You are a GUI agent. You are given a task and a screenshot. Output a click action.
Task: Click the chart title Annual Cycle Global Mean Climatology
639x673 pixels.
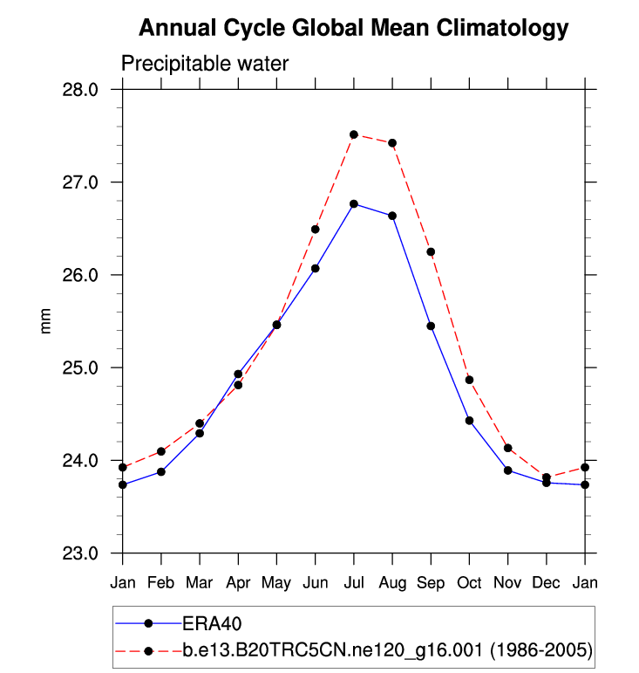tap(353, 29)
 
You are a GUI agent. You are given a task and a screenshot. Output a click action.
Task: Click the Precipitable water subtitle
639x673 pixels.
tap(204, 64)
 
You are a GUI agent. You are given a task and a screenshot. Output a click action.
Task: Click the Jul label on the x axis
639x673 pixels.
tap(353, 581)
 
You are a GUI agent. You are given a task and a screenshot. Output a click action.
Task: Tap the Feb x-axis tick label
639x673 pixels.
tap(161, 581)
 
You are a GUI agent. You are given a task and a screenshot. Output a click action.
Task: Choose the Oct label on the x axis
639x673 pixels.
tap(469, 581)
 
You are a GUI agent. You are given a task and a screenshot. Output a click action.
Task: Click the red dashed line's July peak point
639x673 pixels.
tap(354, 134)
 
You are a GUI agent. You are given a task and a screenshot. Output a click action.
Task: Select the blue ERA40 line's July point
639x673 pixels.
tap(354, 203)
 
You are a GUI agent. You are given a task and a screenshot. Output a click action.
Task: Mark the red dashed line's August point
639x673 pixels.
tap(392, 143)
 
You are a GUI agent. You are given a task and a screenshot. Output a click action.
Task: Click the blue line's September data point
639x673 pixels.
tap(431, 326)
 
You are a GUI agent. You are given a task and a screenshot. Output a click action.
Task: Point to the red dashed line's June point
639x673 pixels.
tap(316, 229)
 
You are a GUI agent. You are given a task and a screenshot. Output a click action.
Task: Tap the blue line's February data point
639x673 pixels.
tap(161, 471)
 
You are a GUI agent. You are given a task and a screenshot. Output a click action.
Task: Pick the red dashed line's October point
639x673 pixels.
tap(469, 380)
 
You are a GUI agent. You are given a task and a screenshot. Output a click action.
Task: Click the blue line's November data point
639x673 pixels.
tap(507, 470)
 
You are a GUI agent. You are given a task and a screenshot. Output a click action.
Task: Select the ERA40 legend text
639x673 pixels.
tap(212, 623)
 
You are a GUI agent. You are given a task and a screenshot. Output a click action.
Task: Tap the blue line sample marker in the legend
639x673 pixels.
tap(148, 623)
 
